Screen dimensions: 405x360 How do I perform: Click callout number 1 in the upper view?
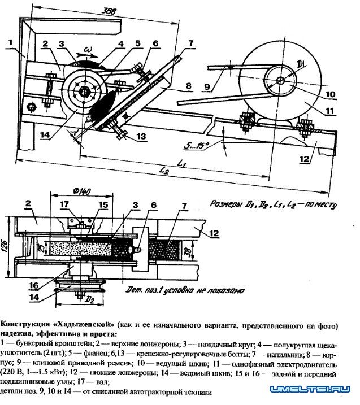coord(11,41)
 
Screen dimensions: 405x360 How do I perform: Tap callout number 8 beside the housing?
coord(188,86)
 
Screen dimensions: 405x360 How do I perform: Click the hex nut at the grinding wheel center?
coord(84,91)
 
